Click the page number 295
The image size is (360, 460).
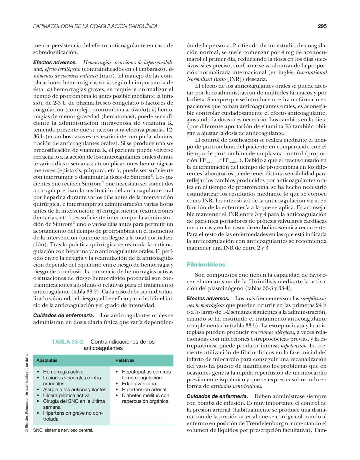point(322,26)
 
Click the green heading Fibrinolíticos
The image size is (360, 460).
point(206,265)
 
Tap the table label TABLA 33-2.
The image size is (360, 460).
point(68,342)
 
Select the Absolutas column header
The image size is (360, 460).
point(47,360)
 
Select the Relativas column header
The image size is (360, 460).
point(125,360)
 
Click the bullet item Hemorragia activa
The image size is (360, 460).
point(63,372)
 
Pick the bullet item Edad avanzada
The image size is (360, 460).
point(139,384)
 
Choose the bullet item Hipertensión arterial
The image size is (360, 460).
point(144,389)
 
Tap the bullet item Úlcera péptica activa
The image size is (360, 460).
point(66,395)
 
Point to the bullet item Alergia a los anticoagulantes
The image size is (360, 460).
point(74,389)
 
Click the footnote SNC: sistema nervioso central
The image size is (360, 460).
point(63,430)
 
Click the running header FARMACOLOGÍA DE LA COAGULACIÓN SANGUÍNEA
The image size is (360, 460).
point(95,26)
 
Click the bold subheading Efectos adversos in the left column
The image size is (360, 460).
point(55,62)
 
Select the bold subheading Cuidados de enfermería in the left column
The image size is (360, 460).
point(63,315)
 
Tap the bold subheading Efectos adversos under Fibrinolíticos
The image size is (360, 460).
point(208,299)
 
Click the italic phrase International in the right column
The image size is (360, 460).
point(312,72)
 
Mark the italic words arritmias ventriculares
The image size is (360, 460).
point(236,386)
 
